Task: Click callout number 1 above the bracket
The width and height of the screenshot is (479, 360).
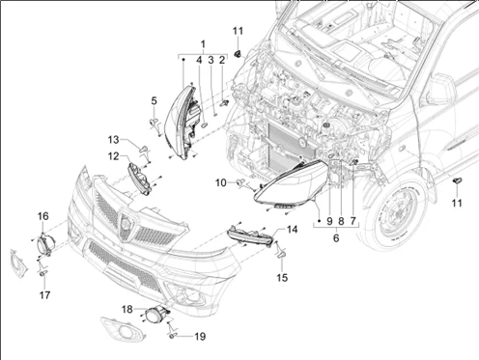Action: [203, 44]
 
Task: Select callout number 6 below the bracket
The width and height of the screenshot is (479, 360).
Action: [336, 238]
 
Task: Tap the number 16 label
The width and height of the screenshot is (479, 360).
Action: [43, 216]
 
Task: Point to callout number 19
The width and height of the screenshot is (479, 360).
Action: [200, 337]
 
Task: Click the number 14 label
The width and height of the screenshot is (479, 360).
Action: [293, 230]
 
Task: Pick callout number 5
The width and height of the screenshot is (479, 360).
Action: [155, 100]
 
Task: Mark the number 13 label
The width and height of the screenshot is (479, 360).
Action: [113, 140]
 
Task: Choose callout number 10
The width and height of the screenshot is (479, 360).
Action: [221, 182]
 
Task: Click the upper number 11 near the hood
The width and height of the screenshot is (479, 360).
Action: [238, 31]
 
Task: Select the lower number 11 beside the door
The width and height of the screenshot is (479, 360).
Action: [457, 203]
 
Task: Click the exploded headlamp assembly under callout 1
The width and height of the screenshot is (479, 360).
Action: [183, 122]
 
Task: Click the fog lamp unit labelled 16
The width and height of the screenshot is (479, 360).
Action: [44, 244]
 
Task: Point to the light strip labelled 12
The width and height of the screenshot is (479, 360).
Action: [140, 179]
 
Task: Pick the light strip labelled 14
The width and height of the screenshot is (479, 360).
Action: [250, 236]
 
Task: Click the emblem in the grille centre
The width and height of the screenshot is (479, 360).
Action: [125, 224]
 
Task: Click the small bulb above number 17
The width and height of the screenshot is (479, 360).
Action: [43, 273]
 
